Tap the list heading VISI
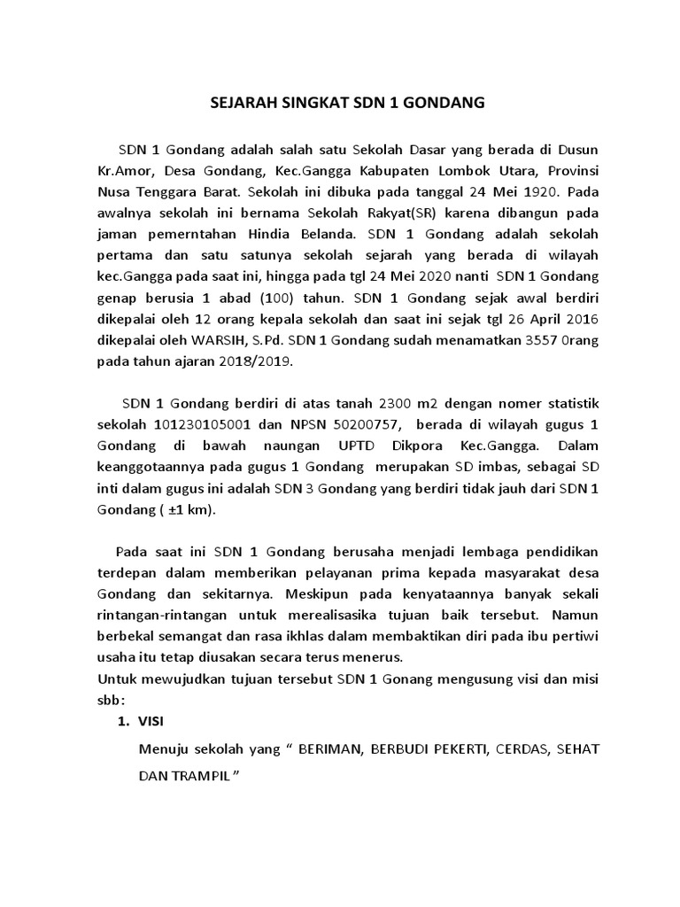(152, 724)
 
